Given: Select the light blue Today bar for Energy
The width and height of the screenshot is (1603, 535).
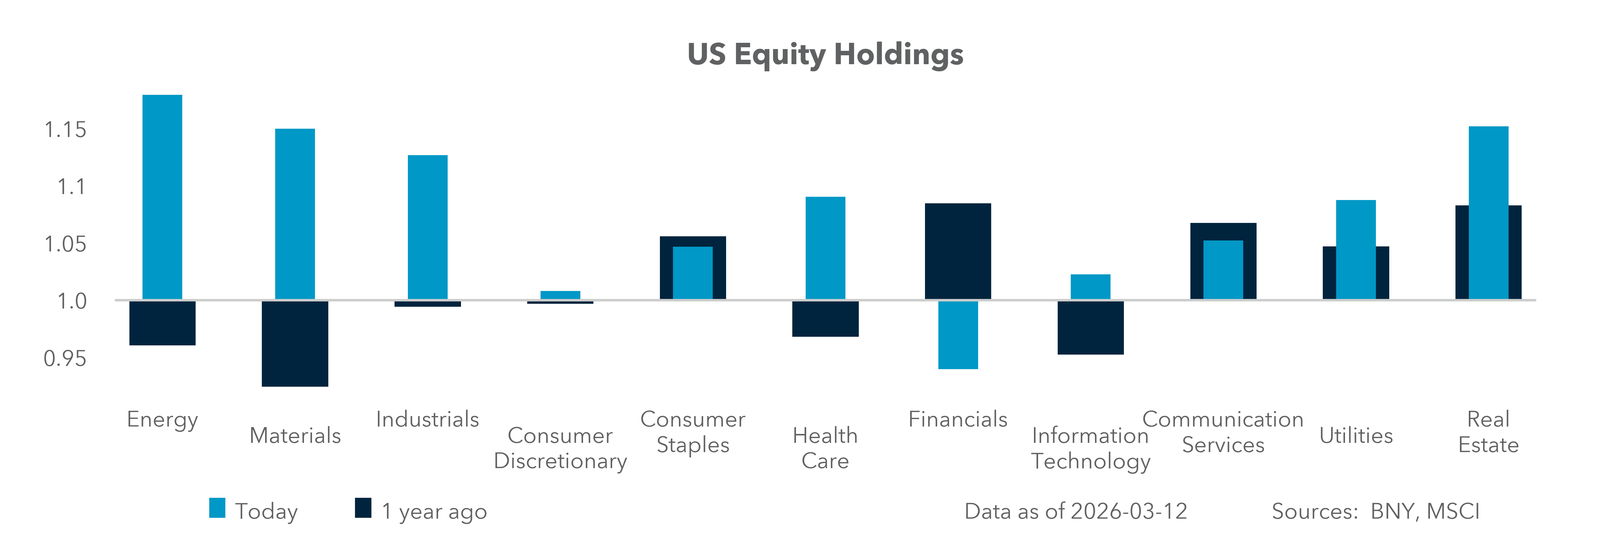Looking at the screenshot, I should (162, 197).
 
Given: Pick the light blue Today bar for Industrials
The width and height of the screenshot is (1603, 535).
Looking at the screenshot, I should (427, 227).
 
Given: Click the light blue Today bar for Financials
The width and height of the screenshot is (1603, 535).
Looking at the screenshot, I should (958, 335).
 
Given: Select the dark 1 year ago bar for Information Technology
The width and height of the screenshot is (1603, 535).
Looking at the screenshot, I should (1090, 328).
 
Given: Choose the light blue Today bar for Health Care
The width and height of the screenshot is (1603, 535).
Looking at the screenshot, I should (825, 248).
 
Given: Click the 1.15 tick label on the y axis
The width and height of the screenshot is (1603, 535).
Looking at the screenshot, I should (65, 130).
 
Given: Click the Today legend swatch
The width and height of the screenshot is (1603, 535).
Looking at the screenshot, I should (217, 508).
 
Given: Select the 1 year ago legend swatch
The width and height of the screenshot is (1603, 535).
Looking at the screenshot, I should (363, 508).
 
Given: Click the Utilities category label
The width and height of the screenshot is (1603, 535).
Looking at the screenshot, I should (1356, 435).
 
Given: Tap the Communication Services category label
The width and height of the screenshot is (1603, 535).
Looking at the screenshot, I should (1223, 432).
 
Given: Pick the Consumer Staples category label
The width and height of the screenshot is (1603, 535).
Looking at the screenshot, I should (693, 432).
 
